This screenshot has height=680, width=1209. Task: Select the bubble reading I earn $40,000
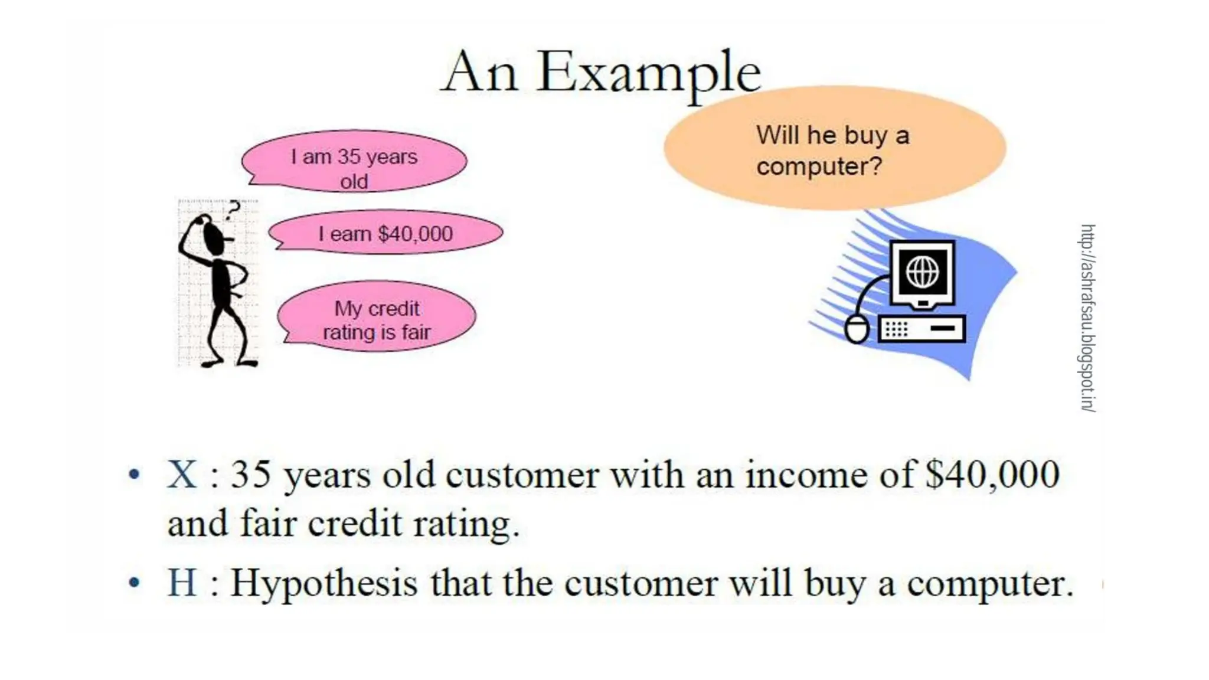click(386, 233)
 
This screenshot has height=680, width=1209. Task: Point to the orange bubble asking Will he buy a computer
click(834, 149)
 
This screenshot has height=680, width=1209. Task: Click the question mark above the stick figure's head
click(234, 210)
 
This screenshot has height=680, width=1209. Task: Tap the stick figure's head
click(213, 233)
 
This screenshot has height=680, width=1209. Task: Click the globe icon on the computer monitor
click(922, 272)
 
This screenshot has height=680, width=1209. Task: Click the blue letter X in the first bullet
click(181, 474)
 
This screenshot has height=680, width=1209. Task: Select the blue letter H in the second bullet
click(181, 583)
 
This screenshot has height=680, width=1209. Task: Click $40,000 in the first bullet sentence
click(992, 474)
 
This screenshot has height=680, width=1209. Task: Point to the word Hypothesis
click(324, 584)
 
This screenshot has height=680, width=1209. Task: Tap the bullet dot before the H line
click(135, 583)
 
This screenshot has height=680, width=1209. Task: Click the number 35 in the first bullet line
click(250, 474)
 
